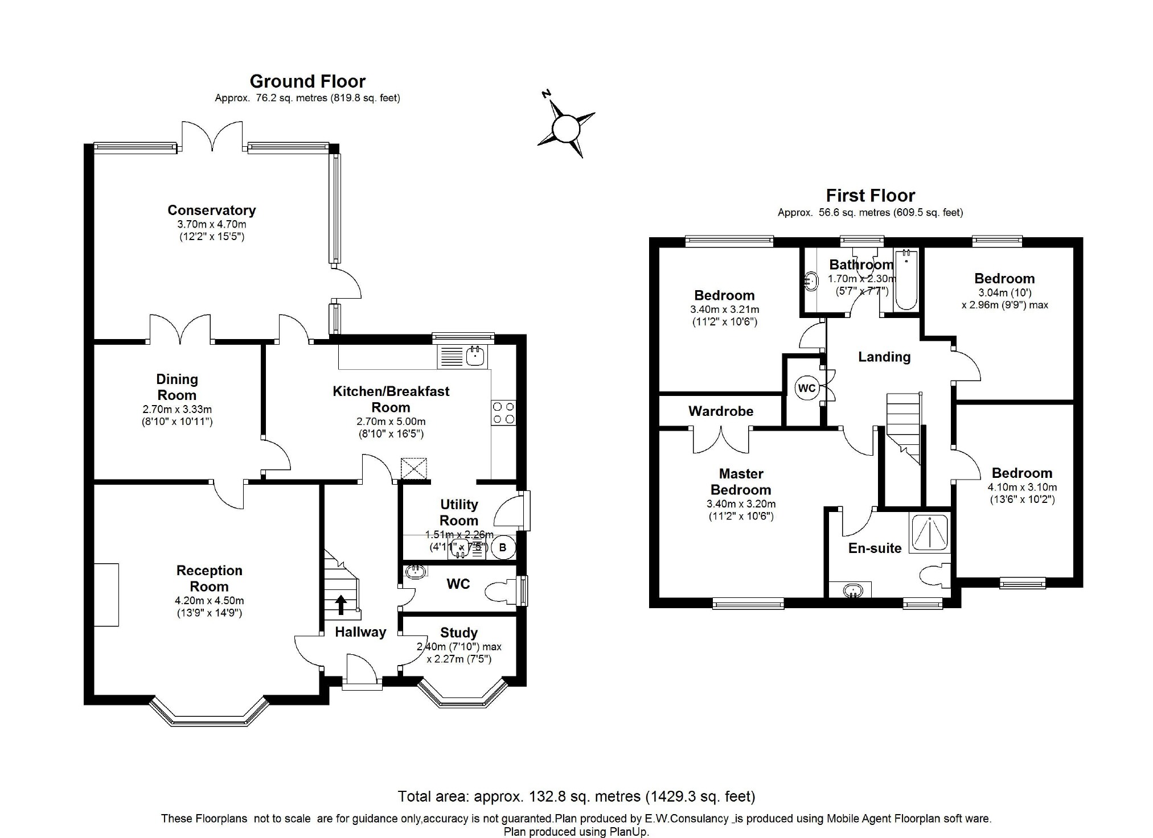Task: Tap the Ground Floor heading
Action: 307,81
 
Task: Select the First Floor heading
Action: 870,196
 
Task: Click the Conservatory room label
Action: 211,210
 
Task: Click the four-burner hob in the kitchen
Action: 503,413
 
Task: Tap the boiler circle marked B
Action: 502,548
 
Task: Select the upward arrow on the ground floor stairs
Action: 341,604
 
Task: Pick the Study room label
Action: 458,633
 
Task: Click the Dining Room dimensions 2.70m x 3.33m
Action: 177,410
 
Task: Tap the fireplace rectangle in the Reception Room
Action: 106,595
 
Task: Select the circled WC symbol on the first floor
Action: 807,389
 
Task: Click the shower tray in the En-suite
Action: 929,533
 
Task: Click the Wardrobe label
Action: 720,411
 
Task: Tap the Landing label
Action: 884,357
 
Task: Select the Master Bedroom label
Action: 741,481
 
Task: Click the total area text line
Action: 576,796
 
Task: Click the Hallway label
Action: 360,632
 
